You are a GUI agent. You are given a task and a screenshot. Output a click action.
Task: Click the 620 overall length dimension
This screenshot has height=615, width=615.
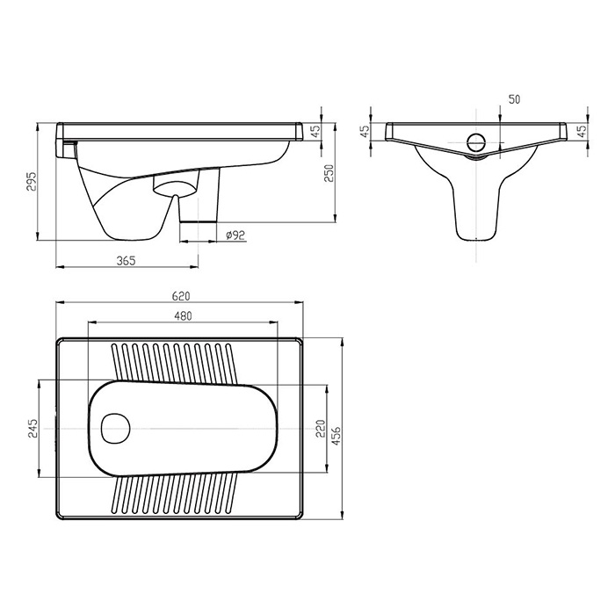click(181, 296)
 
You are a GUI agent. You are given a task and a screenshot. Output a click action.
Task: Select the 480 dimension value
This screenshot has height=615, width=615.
click(183, 315)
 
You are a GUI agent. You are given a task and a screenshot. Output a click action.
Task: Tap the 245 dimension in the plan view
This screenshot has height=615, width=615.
click(33, 429)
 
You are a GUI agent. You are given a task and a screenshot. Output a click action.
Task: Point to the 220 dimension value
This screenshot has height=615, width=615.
click(321, 429)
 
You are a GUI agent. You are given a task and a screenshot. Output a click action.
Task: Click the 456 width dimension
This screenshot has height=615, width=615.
click(336, 436)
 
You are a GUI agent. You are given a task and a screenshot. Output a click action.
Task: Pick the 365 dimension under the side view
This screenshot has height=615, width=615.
click(126, 260)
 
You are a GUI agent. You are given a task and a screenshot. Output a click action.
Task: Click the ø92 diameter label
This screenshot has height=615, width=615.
click(235, 235)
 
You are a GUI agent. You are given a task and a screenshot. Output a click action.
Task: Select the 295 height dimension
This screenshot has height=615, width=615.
click(31, 181)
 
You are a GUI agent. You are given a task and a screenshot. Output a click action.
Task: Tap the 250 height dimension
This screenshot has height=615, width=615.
click(329, 173)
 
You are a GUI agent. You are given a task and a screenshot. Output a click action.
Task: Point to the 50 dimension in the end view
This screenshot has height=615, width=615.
click(514, 99)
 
